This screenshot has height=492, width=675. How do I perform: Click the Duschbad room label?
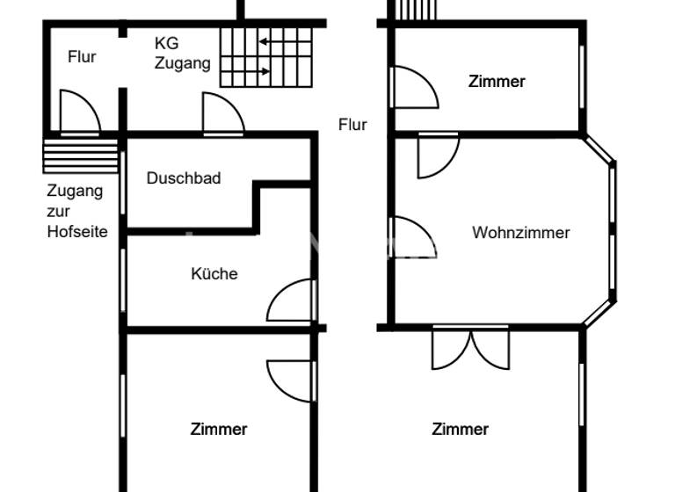(184, 178)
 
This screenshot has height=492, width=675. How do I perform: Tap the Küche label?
(214, 274)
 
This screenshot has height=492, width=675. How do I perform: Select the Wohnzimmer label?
(520, 233)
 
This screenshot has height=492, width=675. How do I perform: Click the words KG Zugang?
(182, 53)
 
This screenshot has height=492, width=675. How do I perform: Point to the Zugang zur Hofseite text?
(76, 211)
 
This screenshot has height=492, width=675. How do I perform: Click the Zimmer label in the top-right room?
(497, 82)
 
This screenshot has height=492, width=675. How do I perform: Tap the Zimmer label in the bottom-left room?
(219, 430)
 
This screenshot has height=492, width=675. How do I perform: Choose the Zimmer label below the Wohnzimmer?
(460, 430)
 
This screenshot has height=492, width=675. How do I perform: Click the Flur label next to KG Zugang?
(82, 57)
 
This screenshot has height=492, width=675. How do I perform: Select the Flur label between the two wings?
(352, 125)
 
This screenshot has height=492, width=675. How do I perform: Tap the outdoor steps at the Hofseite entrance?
(80, 156)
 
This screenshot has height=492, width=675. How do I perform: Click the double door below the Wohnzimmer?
(470, 348)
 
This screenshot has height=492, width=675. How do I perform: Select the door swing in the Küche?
(292, 301)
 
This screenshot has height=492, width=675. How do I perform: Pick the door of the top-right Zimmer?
(413, 86)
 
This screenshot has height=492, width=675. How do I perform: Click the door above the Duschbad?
(222, 114)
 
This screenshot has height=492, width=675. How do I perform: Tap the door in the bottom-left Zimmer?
(292, 380)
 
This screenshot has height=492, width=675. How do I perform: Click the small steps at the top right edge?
(417, 10)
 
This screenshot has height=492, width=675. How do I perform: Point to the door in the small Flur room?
(79, 112)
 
